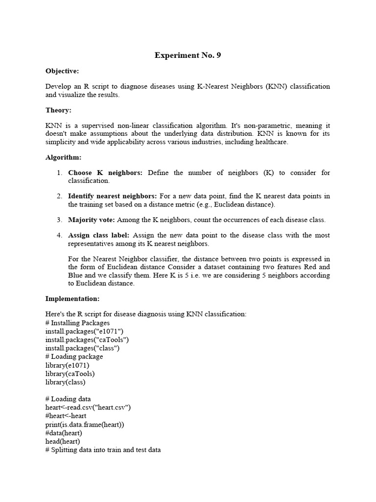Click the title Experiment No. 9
[x=188, y=55]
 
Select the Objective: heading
[x=62, y=71]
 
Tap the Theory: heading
[x=58, y=110]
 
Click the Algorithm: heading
[x=63, y=157]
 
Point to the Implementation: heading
[x=72, y=299]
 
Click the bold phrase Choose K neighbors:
[x=105, y=173]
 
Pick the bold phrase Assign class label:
[x=99, y=235]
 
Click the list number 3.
[x=59, y=220]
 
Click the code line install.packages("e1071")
[x=82, y=331]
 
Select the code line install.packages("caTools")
[x=87, y=339]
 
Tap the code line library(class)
[x=65, y=382]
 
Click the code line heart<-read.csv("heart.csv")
[x=88, y=407]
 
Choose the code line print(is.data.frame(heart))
[x=85, y=425]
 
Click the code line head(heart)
[x=63, y=442]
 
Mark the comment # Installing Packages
[x=77, y=323]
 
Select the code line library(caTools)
[x=70, y=374]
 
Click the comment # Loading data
[x=68, y=399]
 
